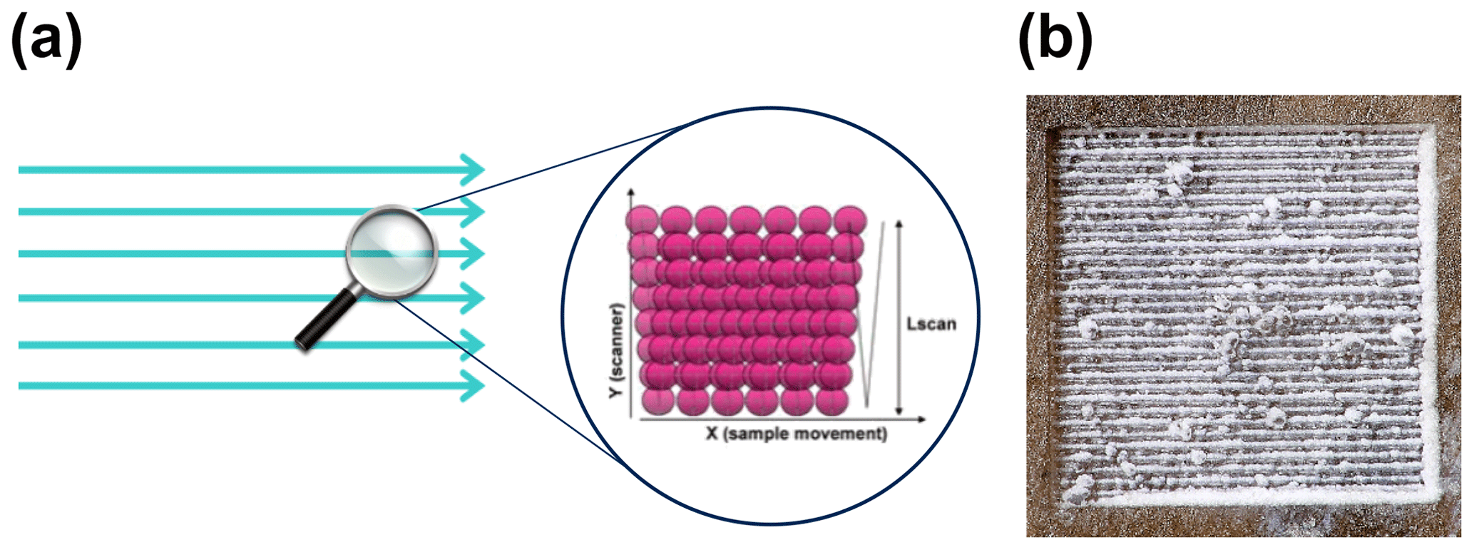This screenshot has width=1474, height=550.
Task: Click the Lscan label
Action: [x=931, y=324]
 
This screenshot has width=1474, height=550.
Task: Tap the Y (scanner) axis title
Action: [x=618, y=350]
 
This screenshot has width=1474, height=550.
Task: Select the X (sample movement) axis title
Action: [x=796, y=434]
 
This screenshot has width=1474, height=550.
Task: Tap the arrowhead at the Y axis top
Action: [x=630, y=195]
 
